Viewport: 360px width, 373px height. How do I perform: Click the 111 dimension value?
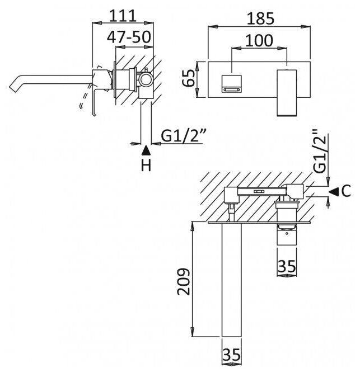click(x=123, y=13)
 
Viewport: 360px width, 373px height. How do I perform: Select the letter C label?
click(x=346, y=191)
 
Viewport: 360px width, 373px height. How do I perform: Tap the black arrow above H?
click(x=146, y=149)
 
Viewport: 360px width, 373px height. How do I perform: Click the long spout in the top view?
click(x=231, y=280)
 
